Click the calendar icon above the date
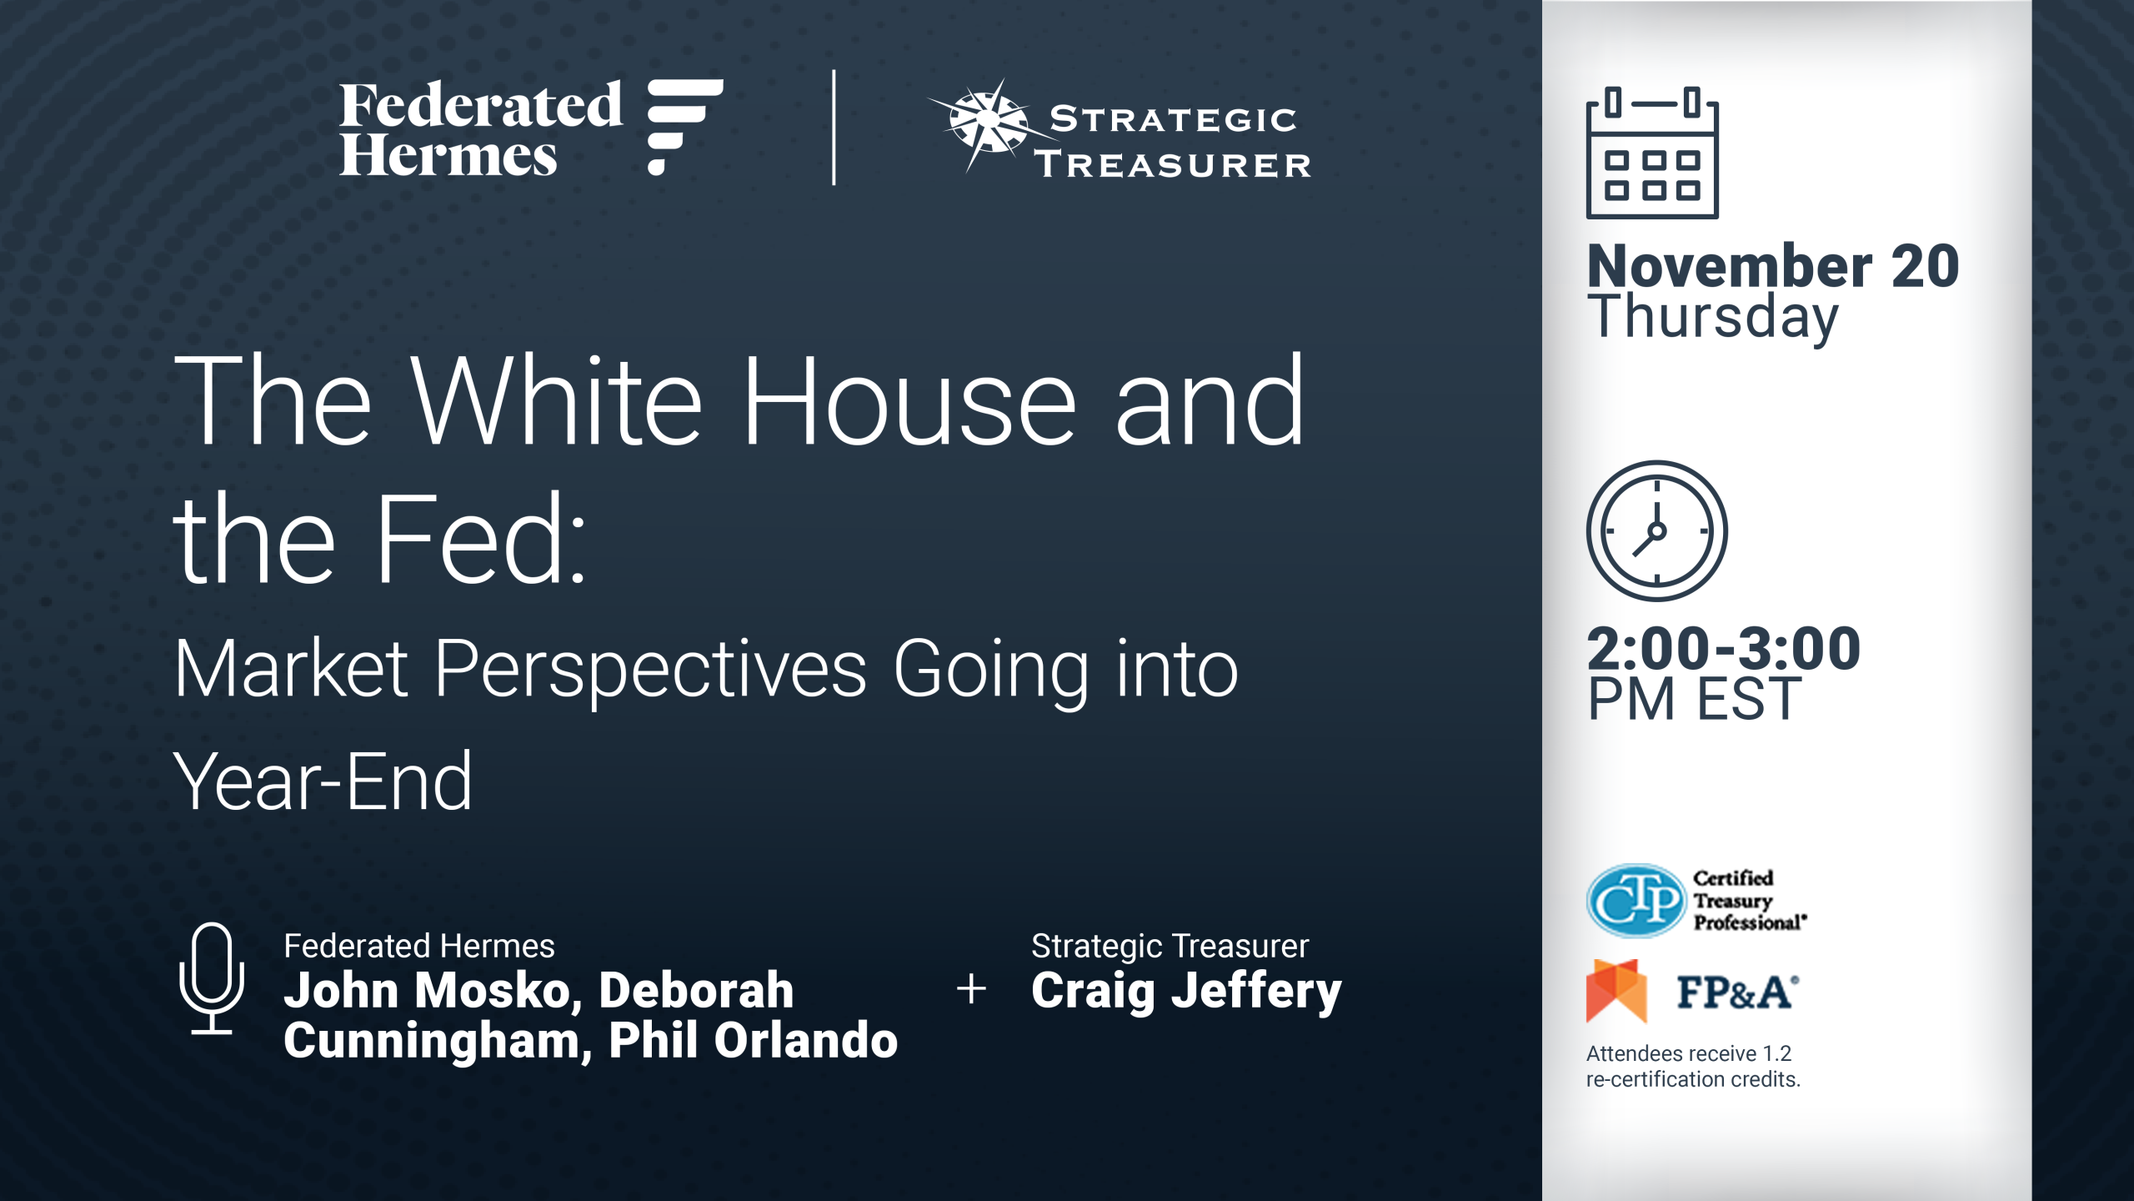pos(1652,153)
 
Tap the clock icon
pos(1656,531)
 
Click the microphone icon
pos(212,978)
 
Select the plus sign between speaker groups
pos(971,989)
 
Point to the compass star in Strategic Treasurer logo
pos(989,123)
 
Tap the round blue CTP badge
pos(1636,901)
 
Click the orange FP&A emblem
pos(1616,991)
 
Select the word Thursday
pos(1713,318)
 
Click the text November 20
pos(1773,266)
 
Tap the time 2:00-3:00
pos(1724,648)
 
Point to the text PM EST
pos(1695,699)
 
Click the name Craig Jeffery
pos(1186,992)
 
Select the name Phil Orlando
pos(753,1041)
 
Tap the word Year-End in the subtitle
pos(323,781)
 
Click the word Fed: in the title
pos(482,538)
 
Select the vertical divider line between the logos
pos(834,127)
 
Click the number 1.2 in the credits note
pos(1776,1053)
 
